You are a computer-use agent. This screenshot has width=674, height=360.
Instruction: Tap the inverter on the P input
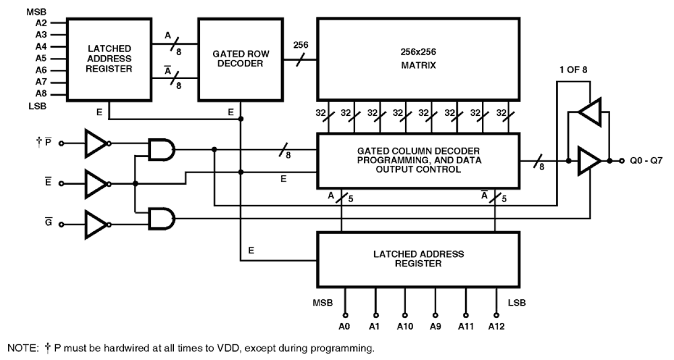(x=96, y=143)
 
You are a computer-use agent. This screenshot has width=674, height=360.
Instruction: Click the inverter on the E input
(x=96, y=183)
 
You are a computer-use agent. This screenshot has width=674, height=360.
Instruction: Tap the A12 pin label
(x=497, y=326)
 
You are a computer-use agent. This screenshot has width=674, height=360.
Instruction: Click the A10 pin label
(x=405, y=326)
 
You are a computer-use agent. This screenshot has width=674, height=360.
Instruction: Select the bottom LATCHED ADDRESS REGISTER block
(x=419, y=259)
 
